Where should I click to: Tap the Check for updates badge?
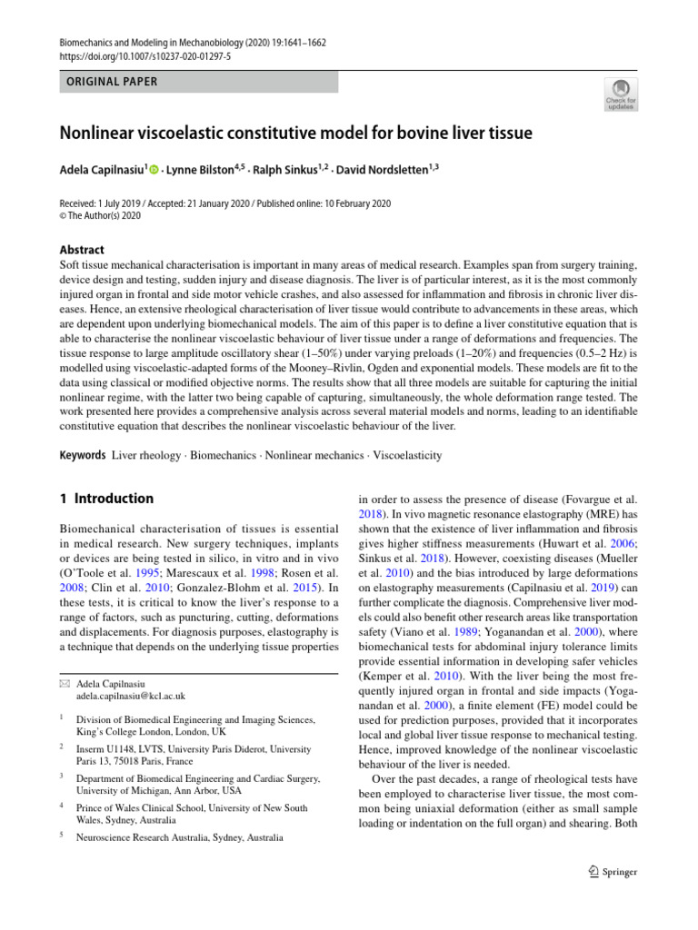[622, 94]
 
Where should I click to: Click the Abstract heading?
[80, 250]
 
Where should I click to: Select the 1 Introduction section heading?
[106, 499]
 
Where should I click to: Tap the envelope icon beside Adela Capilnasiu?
[63, 683]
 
